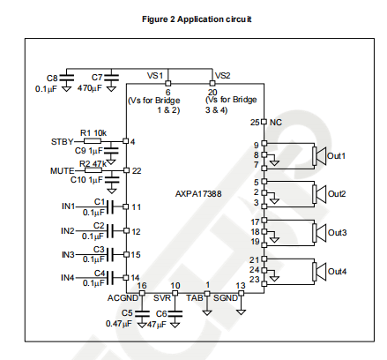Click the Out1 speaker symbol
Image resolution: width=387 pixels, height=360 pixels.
click(x=319, y=156)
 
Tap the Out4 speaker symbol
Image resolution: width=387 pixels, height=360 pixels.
click(x=319, y=272)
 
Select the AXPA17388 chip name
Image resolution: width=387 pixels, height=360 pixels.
click(x=198, y=194)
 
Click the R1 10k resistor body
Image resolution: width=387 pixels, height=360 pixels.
click(x=93, y=141)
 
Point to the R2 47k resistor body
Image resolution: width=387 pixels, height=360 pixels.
click(x=93, y=170)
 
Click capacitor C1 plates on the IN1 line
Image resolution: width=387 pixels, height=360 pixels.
click(x=109, y=206)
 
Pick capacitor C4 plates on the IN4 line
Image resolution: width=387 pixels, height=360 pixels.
click(x=109, y=278)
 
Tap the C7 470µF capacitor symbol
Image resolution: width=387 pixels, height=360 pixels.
click(x=111, y=78)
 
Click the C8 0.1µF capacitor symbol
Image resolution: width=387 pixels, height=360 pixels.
click(x=67, y=78)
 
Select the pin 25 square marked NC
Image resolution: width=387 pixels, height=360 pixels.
click(x=264, y=122)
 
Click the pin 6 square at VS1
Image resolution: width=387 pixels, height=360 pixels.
click(x=167, y=84)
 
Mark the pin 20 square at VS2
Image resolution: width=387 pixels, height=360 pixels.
click(x=212, y=84)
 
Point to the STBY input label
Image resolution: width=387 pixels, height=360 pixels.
click(x=62, y=142)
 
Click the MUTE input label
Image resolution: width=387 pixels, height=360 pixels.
click(x=63, y=171)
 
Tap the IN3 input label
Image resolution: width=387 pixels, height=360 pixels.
click(x=68, y=254)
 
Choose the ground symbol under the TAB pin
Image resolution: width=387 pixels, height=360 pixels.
click(x=207, y=312)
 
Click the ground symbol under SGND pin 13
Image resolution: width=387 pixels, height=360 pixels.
click(x=241, y=312)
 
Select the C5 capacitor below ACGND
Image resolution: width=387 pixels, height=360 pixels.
click(x=142, y=313)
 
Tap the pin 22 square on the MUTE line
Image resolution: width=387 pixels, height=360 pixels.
click(x=126, y=170)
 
